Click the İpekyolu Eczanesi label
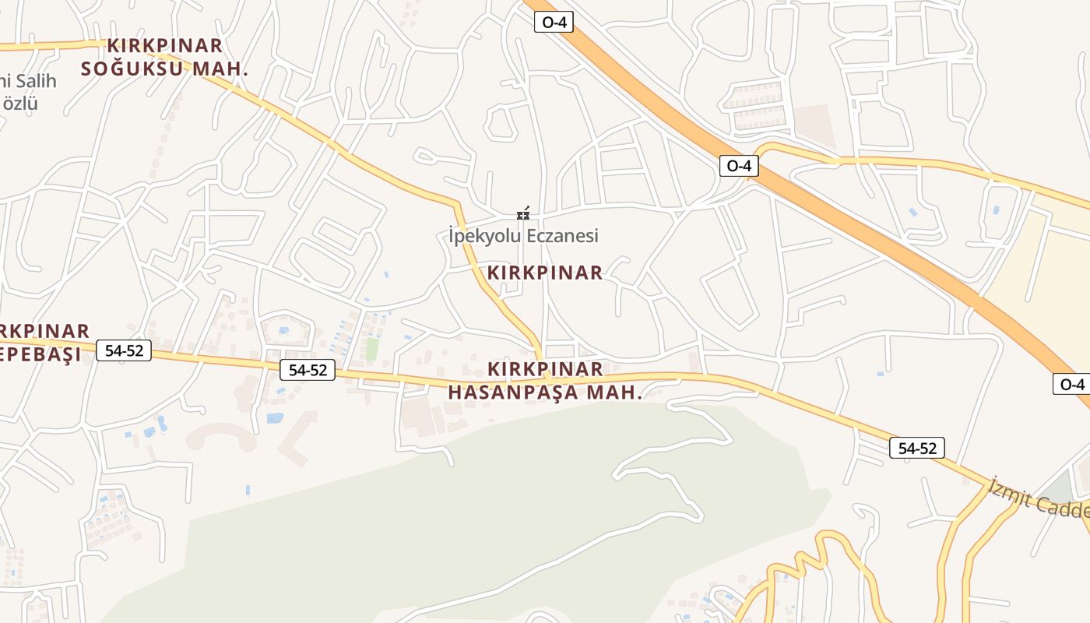coord(523,235)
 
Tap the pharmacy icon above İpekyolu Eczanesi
coord(523,213)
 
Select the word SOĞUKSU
coord(133,69)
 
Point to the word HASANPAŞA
coord(514,392)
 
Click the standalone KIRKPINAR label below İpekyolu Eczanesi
coord(545,273)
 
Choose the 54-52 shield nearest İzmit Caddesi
coord(917,448)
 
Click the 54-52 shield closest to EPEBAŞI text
coord(124,350)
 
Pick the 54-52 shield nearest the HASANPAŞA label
coord(308,370)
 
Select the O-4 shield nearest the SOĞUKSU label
coord(554,22)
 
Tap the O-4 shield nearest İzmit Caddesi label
coord(1072,384)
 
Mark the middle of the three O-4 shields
coord(738,165)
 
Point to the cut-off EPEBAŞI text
coord(40,355)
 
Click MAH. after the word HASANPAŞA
coord(614,392)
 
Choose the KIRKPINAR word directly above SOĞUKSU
coord(165,46)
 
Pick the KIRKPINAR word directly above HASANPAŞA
coord(545,369)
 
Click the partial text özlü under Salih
coord(20,103)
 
